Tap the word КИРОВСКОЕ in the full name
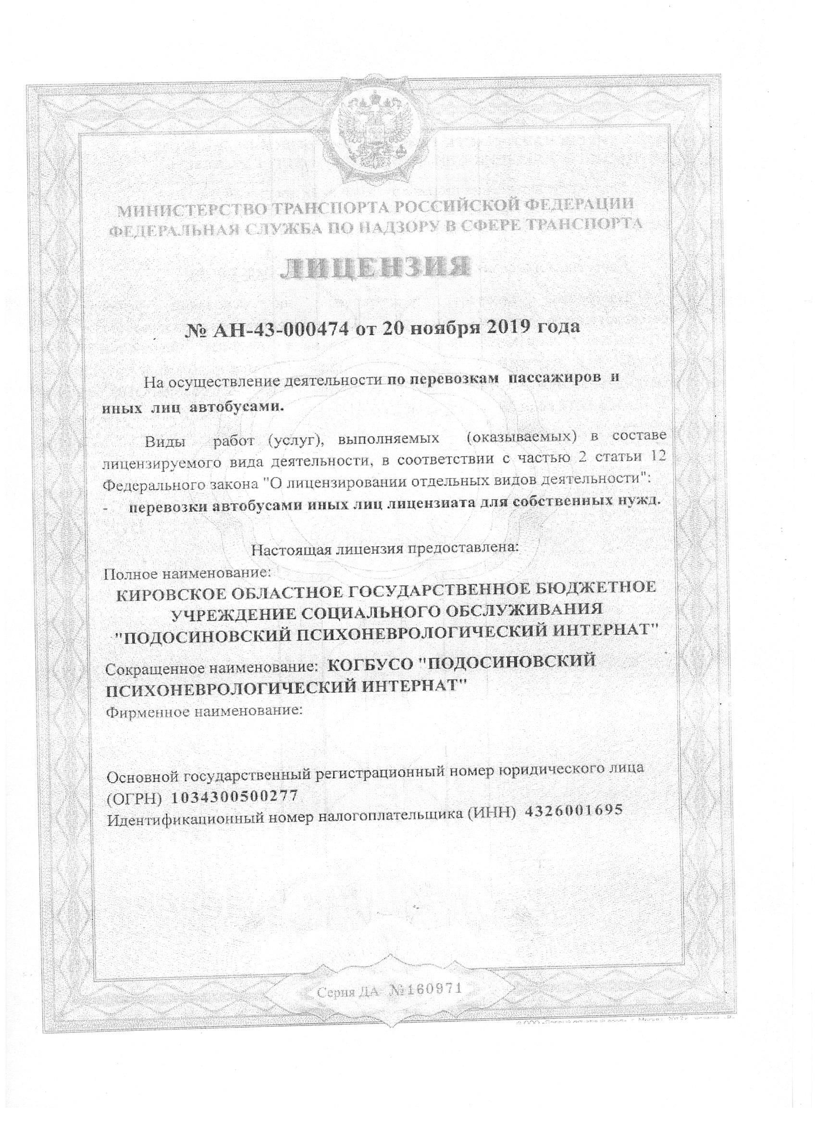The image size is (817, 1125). [166, 593]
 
